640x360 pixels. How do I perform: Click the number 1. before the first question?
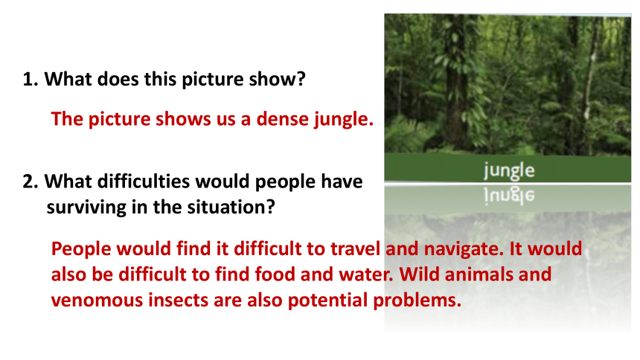31,79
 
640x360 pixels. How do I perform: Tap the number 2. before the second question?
31,181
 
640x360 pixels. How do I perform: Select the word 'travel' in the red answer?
355,248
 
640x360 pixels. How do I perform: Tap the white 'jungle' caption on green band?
509,170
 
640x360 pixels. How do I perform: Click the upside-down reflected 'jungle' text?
509,195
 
